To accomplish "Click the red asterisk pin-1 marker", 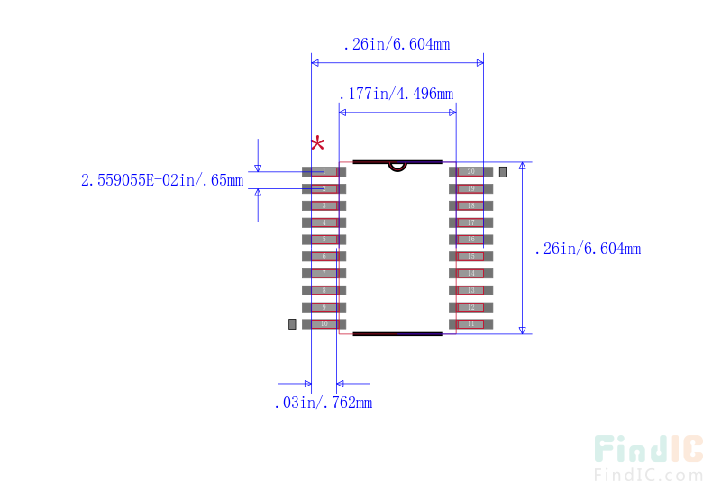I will point(317,143).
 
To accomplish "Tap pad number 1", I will point(324,171).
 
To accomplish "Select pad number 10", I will point(324,324).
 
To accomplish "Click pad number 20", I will point(470,171).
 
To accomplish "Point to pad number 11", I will point(470,324).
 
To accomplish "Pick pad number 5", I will point(324,240).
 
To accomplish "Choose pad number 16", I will point(470,240).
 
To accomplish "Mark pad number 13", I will point(470,290).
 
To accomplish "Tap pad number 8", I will point(324,290).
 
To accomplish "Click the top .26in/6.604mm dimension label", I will point(397,44).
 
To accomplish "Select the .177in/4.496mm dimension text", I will point(396,94).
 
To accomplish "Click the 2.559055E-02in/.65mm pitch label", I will point(162,180).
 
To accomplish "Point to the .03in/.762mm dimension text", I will point(323,404).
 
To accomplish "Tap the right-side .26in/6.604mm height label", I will point(588,249).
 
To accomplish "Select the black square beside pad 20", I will point(503,171).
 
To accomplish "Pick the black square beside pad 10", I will point(292,324).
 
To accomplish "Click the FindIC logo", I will point(648,449).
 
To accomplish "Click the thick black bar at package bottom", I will point(397,334).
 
